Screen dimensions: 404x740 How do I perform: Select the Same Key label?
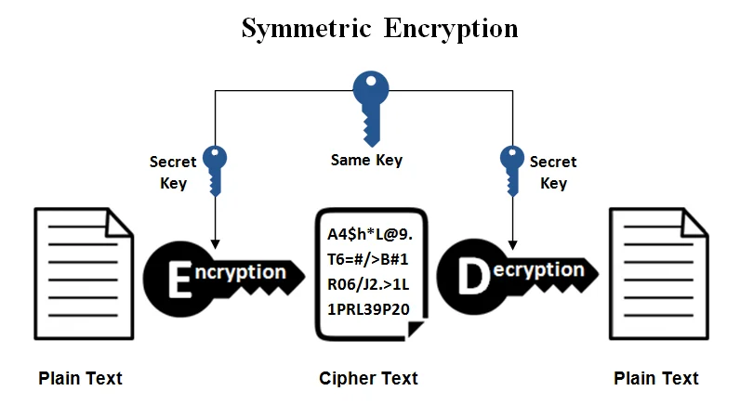pos(367,160)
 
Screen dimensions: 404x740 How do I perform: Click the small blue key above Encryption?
pos(215,168)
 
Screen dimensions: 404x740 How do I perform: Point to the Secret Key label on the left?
pos(173,173)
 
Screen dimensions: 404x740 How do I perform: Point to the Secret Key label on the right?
pos(553,173)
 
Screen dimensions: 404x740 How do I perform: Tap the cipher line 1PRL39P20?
pos(370,308)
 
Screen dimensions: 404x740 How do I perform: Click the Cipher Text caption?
pos(368,378)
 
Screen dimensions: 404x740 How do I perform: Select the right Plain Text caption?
pos(656,378)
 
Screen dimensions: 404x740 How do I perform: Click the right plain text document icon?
pos(655,274)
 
